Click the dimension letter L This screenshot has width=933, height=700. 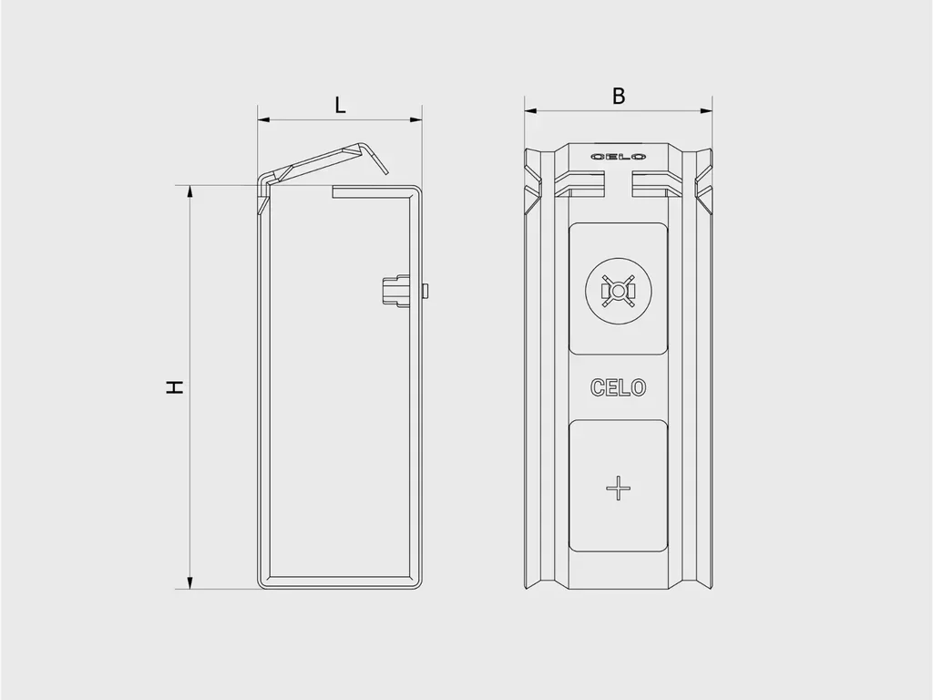(340, 106)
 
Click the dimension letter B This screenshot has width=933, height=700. (619, 95)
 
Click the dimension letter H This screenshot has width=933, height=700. (174, 386)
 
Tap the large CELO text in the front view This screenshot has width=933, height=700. (619, 387)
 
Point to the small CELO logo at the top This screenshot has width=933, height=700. (619, 157)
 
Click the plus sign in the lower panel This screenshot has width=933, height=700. (619, 489)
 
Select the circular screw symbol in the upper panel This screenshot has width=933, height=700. (619, 291)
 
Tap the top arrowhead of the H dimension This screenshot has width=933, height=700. (190, 191)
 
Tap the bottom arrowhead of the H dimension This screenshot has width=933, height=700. (190, 582)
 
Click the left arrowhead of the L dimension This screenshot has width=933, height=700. (263, 120)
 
